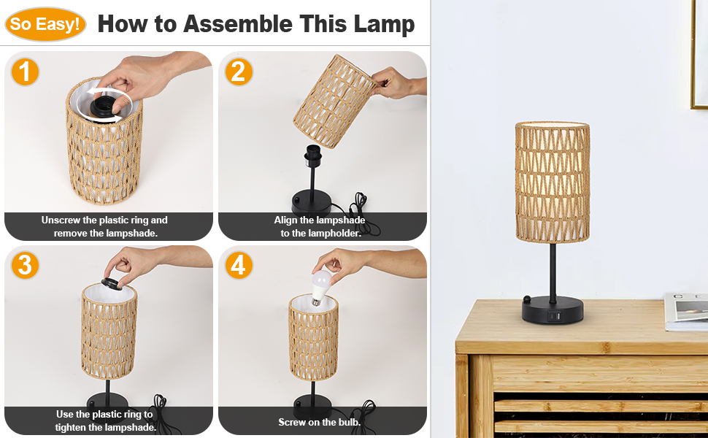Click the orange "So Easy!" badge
[x=45, y=25]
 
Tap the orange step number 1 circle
[x=26, y=72]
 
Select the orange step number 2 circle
[x=238, y=72]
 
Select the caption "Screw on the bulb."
[x=319, y=422]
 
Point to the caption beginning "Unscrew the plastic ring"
[x=104, y=226]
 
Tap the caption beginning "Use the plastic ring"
[x=104, y=420]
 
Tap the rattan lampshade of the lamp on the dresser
[x=552, y=182]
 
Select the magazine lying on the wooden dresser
[x=686, y=310]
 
